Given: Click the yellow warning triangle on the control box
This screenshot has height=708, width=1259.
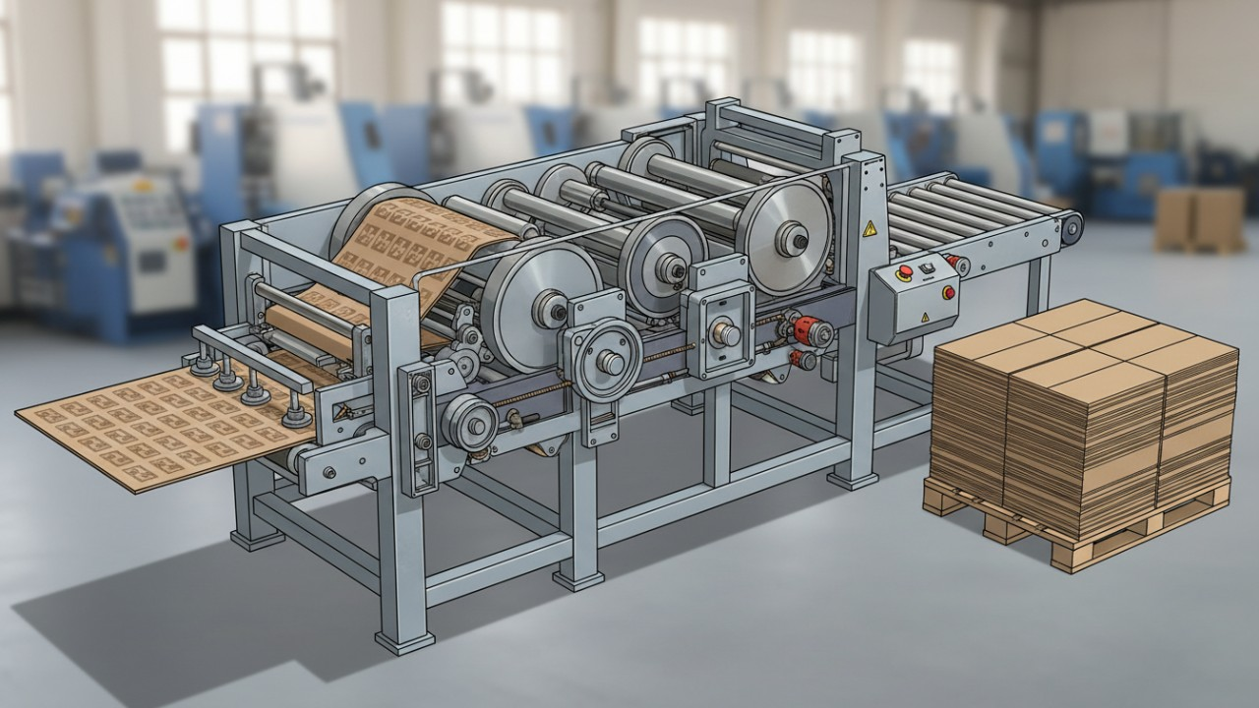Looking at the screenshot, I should [x=924, y=317].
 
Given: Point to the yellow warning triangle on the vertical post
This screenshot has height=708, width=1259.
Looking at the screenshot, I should [x=869, y=228].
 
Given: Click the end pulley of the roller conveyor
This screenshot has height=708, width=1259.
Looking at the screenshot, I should [x=1069, y=225].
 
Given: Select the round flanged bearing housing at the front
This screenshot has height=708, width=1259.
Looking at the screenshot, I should [x=610, y=362].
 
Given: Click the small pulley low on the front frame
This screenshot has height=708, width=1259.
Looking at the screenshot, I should [x=468, y=422].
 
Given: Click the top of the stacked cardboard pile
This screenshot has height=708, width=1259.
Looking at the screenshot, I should [x=1082, y=339].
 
